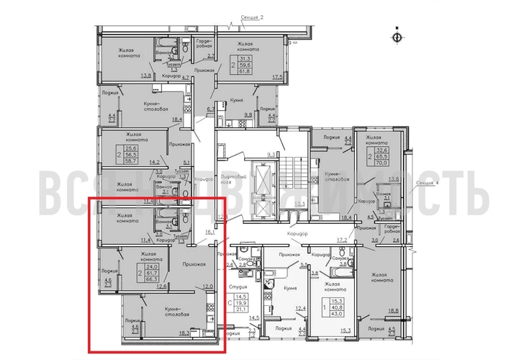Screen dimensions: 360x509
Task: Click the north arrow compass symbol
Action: point(395,35)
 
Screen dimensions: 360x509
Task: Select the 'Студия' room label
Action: point(238,286)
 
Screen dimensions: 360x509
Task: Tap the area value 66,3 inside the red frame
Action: point(152,280)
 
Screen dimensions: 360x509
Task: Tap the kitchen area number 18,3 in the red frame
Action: point(184,333)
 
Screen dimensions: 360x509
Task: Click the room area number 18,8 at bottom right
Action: point(392,311)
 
